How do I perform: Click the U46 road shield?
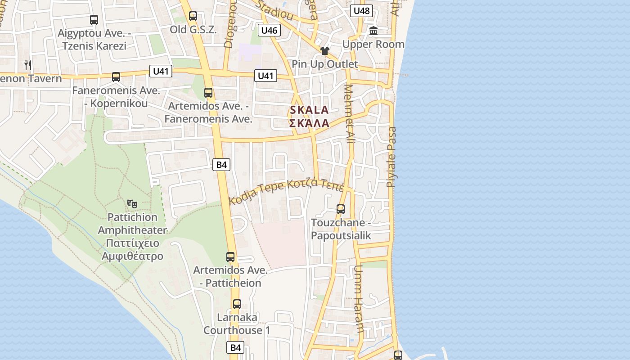pyautogui.click(x=269, y=30)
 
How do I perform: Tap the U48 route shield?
pyautogui.click(x=362, y=11)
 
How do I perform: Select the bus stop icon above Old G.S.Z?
pyautogui.click(x=193, y=16)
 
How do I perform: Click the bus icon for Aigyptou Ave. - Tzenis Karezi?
pyautogui.click(x=94, y=20)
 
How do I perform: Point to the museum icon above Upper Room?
pyautogui.click(x=373, y=31)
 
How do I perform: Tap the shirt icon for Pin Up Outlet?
pyautogui.click(x=324, y=51)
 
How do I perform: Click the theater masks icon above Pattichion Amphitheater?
pyautogui.click(x=132, y=204)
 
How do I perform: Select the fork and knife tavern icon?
pyautogui.click(x=28, y=65)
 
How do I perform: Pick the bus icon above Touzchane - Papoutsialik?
pyautogui.click(x=341, y=209)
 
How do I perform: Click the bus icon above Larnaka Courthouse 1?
pyautogui.click(x=237, y=304)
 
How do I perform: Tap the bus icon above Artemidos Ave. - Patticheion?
pyautogui.click(x=230, y=257)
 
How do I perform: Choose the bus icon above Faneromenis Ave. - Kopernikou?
pyautogui.click(x=116, y=77)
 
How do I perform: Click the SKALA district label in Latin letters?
pyautogui.click(x=309, y=110)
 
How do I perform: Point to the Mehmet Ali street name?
pyautogui.click(x=350, y=113)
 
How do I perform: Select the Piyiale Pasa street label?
pyautogui.click(x=392, y=157)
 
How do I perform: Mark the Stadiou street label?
pyautogui.click(x=274, y=10)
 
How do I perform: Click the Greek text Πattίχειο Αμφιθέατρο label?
pyautogui.click(x=132, y=250)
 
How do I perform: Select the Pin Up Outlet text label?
pyautogui.click(x=324, y=64)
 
